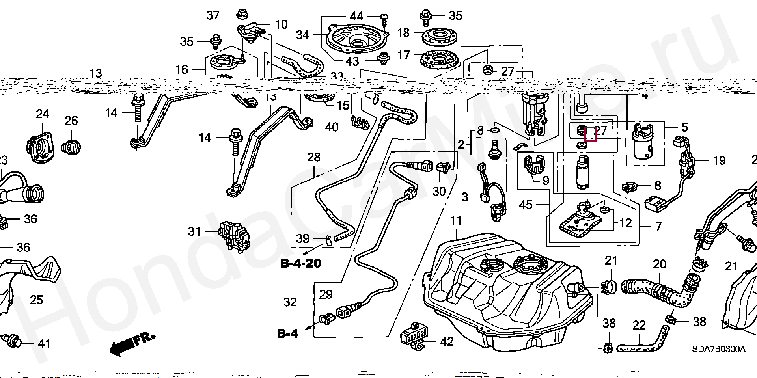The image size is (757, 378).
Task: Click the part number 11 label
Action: (456, 221)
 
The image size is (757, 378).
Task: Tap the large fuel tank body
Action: (505, 300)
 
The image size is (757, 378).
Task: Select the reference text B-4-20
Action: (301, 263)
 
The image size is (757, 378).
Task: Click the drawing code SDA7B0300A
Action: (718, 350)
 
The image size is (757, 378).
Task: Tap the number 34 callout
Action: (302, 35)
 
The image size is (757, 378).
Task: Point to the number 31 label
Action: (194, 231)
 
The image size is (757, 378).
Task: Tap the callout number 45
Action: (526, 205)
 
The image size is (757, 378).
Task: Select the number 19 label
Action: (719, 160)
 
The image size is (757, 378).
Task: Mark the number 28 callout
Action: (314, 157)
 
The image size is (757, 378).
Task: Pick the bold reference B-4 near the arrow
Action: (288, 333)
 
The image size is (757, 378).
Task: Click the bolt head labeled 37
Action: (241, 15)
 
